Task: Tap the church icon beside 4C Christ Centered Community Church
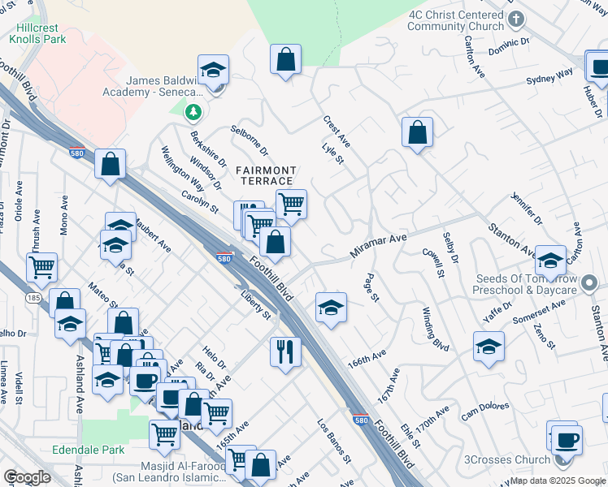point(515,17)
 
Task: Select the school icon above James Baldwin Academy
point(213,71)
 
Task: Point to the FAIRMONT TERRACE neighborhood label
point(265,175)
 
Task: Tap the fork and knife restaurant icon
point(284,351)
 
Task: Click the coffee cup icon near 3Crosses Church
point(567,441)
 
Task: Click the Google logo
point(27,477)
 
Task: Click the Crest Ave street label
point(336,131)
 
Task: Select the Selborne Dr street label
point(249,140)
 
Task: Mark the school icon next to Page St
point(331,307)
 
